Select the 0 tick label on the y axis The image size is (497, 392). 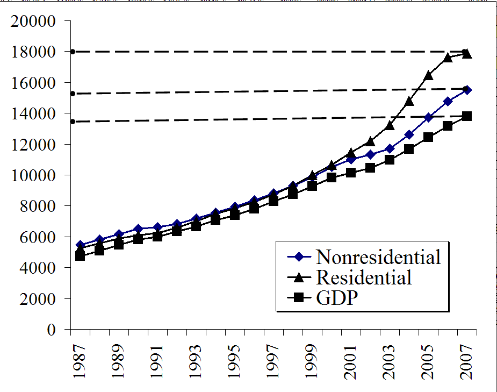coord(51,330)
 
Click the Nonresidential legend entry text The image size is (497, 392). coord(378,257)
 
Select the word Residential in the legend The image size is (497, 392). coord(364,277)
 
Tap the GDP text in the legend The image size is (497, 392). coord(336,297)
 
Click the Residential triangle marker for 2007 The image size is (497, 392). coord(467,54)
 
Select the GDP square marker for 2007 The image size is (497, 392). coord(467,116)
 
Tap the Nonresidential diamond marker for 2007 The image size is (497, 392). coord(467,90)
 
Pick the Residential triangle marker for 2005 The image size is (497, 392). coord(428,76)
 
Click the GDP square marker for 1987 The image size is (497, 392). coord(80,256)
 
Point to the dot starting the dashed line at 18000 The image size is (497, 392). coord(72,52)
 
